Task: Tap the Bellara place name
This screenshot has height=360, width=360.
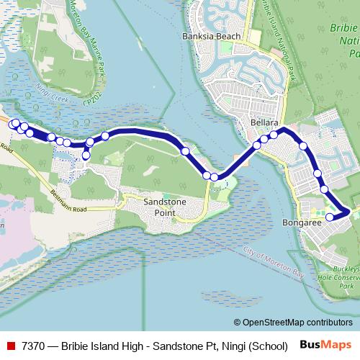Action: (264, 123)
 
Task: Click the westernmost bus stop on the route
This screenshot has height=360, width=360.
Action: (12, 124)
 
